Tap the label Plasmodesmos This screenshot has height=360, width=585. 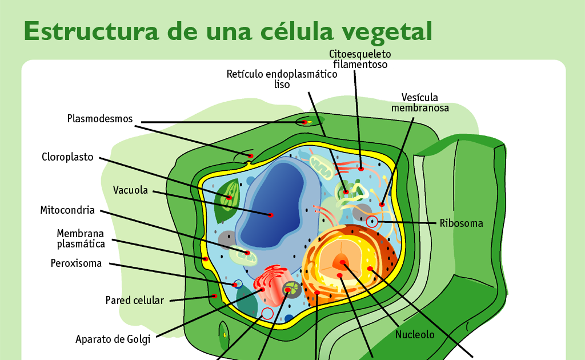(x=100, y=119)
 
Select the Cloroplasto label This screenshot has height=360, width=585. (x=67, y=157)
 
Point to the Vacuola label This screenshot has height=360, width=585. (x=130, y=190)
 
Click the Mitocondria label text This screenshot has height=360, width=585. (x=67, y=210)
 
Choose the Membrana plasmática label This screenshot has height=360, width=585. (x=81, y=238)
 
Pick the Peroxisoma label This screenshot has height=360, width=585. (x=76, y=263)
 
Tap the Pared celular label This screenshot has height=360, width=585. (x=135, y=300)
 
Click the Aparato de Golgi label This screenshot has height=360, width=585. (x=113, y=339)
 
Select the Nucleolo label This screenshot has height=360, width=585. (x=415, y=335)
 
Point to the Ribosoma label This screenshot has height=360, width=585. (x=461, y=223)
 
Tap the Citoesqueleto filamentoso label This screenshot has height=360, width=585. (x=360, y=59)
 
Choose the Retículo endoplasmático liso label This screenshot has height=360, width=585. (x=282, y=79)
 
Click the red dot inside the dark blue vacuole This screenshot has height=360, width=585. (x=271, y=215)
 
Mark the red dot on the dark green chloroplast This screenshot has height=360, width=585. (x=229, y=198)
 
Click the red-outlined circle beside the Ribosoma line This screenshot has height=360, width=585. (x=372, y=222)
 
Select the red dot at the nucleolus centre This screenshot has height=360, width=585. (x=343, y=262)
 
